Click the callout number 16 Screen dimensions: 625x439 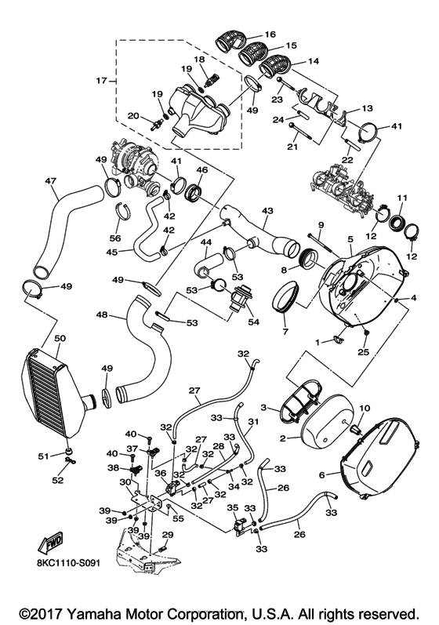pos(270,35)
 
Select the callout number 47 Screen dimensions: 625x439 pos(51,181)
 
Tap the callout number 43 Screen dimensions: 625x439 pos(268,212)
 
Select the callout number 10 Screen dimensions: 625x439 pos(363,408)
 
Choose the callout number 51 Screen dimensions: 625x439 pos(43,456)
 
